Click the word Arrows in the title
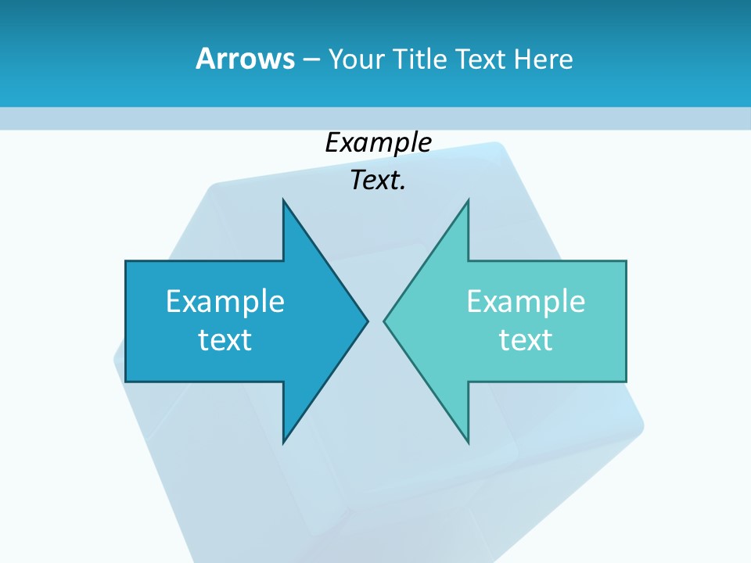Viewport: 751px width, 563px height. click(x=244, y=59)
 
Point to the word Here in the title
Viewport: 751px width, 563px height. click(x=544, y=59)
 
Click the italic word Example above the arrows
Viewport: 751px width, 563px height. click(x=378, y=143)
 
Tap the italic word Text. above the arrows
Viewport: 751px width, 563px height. click(x=378, y=181)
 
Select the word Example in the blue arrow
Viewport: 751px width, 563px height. click(x=225, y=301)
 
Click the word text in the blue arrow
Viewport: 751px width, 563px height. click(x=225, y=340)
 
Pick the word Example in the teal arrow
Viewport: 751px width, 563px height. click(x=526, y=301)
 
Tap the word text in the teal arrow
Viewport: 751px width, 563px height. click(x=526, y=340)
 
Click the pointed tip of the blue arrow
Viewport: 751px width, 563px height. click(x=367, y=321)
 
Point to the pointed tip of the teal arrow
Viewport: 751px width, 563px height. click(x=384, y=321)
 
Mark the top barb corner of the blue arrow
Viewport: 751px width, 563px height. click(x=283, y=200)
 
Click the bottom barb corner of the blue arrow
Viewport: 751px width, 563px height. click(x=283, y=442)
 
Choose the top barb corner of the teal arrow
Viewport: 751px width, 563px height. click(x=468, y=200)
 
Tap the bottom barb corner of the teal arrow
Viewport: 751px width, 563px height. click(x=468, y=442)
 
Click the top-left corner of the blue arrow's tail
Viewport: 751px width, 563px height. click(x=126, y=261)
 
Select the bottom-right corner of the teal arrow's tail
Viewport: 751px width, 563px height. click(x=626, y=381)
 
